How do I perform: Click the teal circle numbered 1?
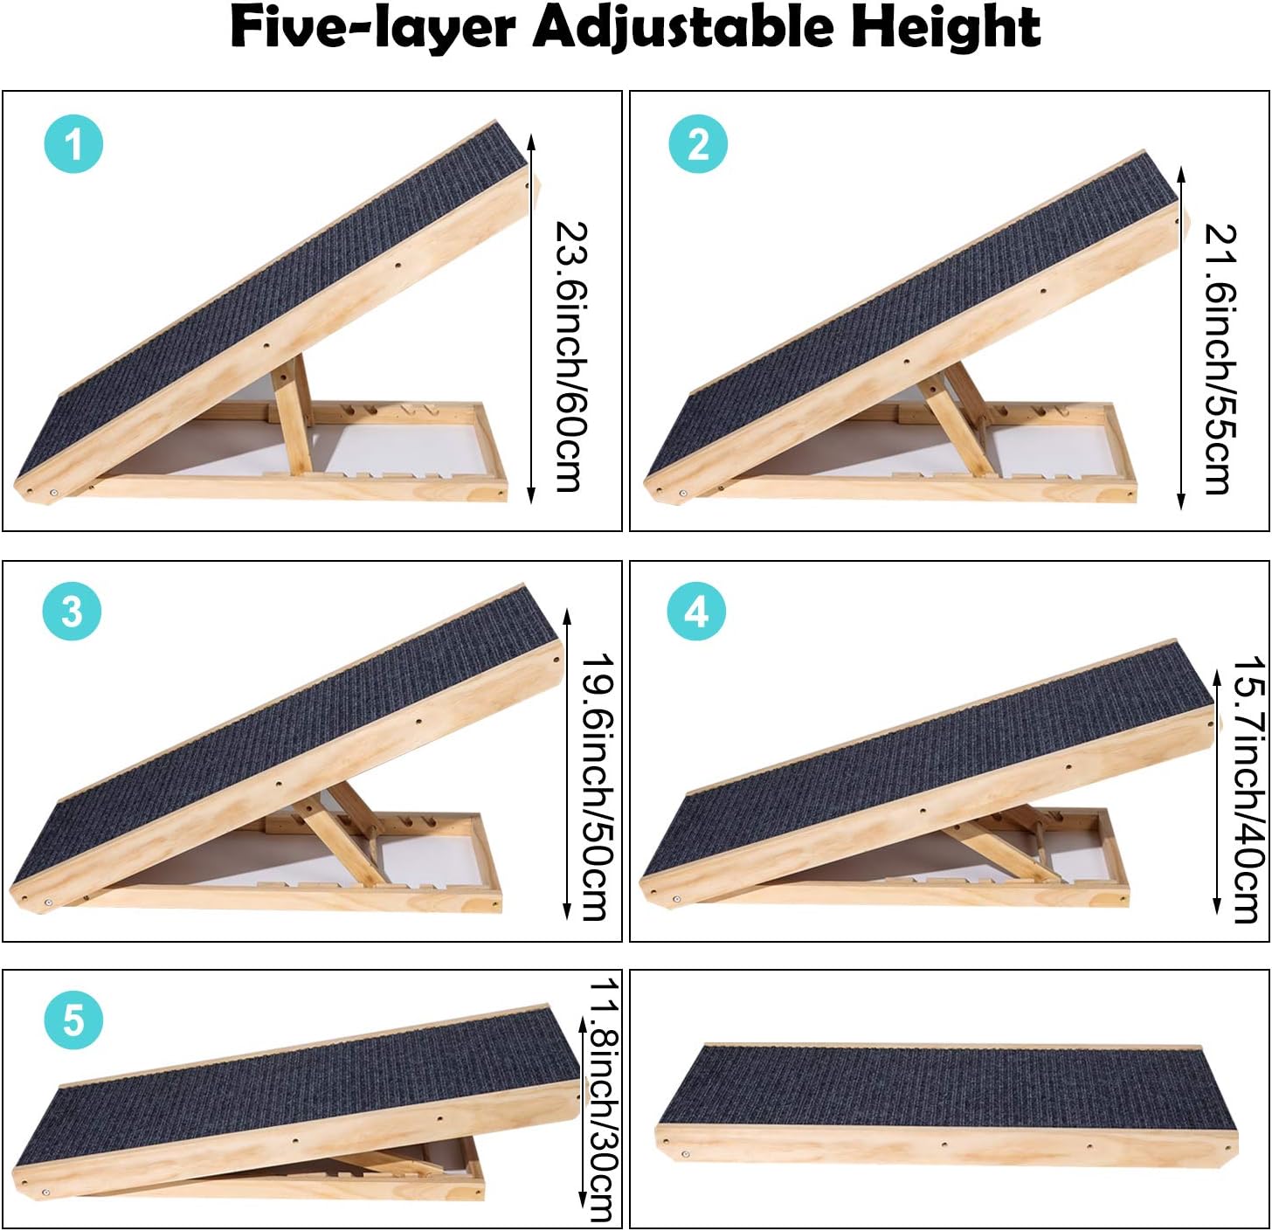tap(74, 143)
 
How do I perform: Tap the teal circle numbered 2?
tap(698, 143)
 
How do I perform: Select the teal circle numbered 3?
tap(73, 611)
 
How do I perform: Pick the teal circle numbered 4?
tap(696, 611)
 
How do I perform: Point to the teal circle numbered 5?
tap(74, 1020)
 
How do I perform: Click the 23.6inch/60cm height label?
tap(572, 356)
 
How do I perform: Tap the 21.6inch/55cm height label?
tap(1220, 358)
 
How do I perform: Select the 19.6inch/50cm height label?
tap(598, 786)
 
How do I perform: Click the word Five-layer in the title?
tap(372, 29)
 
